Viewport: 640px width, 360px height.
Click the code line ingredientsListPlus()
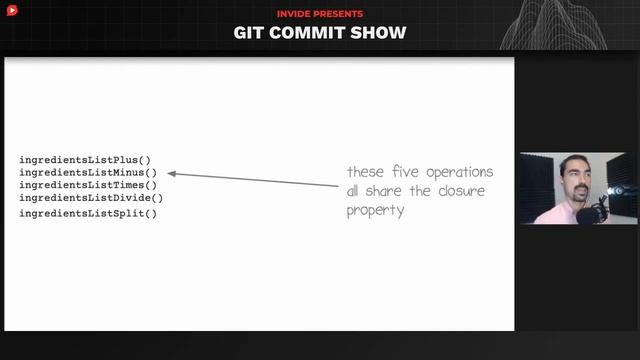coord(85,160)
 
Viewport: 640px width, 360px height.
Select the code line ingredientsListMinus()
coord(88,173)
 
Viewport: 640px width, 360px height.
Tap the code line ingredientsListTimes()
coord(88,185)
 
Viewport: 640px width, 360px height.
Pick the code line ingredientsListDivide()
coord(91,198)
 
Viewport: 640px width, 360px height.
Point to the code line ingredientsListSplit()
coord(88,214)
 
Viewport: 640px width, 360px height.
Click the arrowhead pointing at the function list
coord(172,173)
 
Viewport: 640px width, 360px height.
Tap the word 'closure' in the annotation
coord(461,191)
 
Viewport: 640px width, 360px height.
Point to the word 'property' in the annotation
coord(376,211)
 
